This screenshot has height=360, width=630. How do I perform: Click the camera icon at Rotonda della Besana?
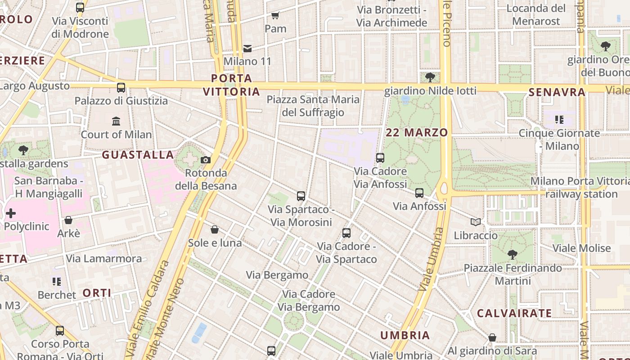click(206, 160)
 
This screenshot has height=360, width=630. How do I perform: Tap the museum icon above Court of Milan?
click(116, 121)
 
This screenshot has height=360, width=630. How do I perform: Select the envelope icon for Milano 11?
click(247, 48)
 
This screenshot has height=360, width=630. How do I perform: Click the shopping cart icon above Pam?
click(275, 16)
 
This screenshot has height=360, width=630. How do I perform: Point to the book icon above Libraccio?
click(476, 222)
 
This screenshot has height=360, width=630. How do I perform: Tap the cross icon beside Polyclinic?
click(11, 213)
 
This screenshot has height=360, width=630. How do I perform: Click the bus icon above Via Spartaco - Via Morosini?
click(301, 196)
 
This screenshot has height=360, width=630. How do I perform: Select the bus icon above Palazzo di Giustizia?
click(121, 88)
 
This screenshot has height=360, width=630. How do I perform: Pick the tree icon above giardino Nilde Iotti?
click(430, 77)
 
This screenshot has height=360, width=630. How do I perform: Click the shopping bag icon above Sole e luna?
click(215, 229)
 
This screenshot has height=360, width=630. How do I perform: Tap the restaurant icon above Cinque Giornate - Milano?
click(559, 120)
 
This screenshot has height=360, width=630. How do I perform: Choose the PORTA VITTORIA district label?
click(232, 85)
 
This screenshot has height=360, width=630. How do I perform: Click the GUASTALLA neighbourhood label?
click(138, 155)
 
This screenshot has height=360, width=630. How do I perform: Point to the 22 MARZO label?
click(417, 132)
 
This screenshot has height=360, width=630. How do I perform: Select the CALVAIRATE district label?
click(514, 313)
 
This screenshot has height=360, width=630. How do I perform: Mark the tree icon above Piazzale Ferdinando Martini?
click(512, 255)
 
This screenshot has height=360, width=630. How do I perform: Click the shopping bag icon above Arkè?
click(68, 220)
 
